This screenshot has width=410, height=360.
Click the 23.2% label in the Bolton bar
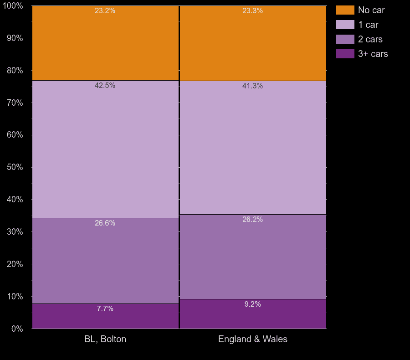click(x=105, y=11)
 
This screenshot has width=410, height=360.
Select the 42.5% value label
click(x=105, y=86)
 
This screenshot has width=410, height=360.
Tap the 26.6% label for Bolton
click(x=105, y=223)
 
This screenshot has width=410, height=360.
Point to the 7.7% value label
click(x=105, y=309)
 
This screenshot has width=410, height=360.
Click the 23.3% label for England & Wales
click(x=252, y=11)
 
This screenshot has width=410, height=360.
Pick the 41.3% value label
click(x=252, y=86)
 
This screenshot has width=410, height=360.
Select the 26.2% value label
click(x=252, y=220)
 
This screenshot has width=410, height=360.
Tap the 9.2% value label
click(x=252, y=304)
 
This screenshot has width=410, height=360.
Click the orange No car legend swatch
click(x=345, y=10)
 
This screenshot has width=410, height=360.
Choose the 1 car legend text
click(x=368, y=25)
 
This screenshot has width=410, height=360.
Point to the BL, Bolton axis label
click(x=105, y=339)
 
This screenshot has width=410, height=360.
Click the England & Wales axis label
click(x=253, y=339)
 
